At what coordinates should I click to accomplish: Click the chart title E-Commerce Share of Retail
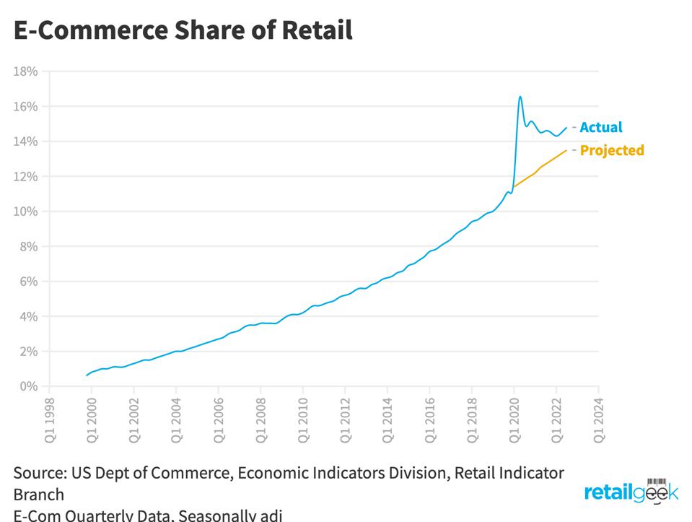click(x=183, y=30)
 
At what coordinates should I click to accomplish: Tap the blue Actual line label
click(x=600, y=127)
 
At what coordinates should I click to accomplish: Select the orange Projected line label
click(x=612, y=150)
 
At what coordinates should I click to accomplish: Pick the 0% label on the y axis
click(x=28, y=386)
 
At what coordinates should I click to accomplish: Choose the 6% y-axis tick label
click(x=28, y=282)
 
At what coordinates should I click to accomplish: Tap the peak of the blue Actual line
click(x=520, y=97)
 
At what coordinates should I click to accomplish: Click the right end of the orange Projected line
click(x=566, y=150)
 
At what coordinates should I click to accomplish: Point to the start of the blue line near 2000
click(x=87, y=375)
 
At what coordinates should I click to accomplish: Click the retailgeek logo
click(x=631, y=492)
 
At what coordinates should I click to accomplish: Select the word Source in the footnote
click(x=38, y=473)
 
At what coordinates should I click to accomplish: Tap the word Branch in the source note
click(x=38, y=495)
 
